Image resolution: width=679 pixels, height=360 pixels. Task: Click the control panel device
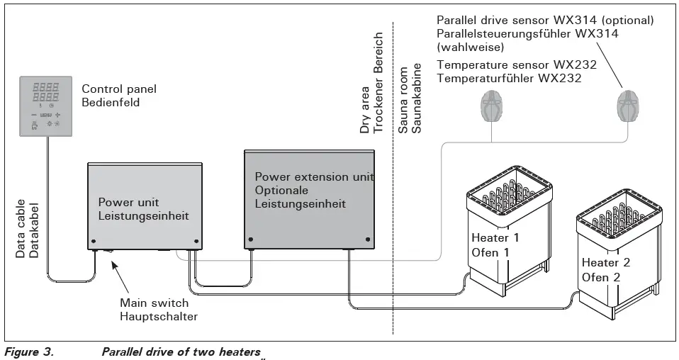click(47, 106)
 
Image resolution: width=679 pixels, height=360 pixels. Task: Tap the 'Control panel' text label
click(119, 89)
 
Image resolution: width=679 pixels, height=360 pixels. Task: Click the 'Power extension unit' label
click(314, 177)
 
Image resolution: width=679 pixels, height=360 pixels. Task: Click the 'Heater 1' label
click(495, 238)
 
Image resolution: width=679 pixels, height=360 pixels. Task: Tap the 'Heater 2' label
click(606, 262)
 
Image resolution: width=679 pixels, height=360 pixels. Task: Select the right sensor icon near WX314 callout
click(627, 105)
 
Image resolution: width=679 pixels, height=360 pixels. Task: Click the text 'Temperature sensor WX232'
click(517, 65)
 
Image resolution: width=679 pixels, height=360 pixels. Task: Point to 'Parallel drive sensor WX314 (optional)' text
click(545, 21)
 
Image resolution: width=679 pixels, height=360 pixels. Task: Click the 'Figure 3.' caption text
click(29, 351)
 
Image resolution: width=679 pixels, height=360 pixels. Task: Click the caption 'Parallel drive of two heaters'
click(181, 351)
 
